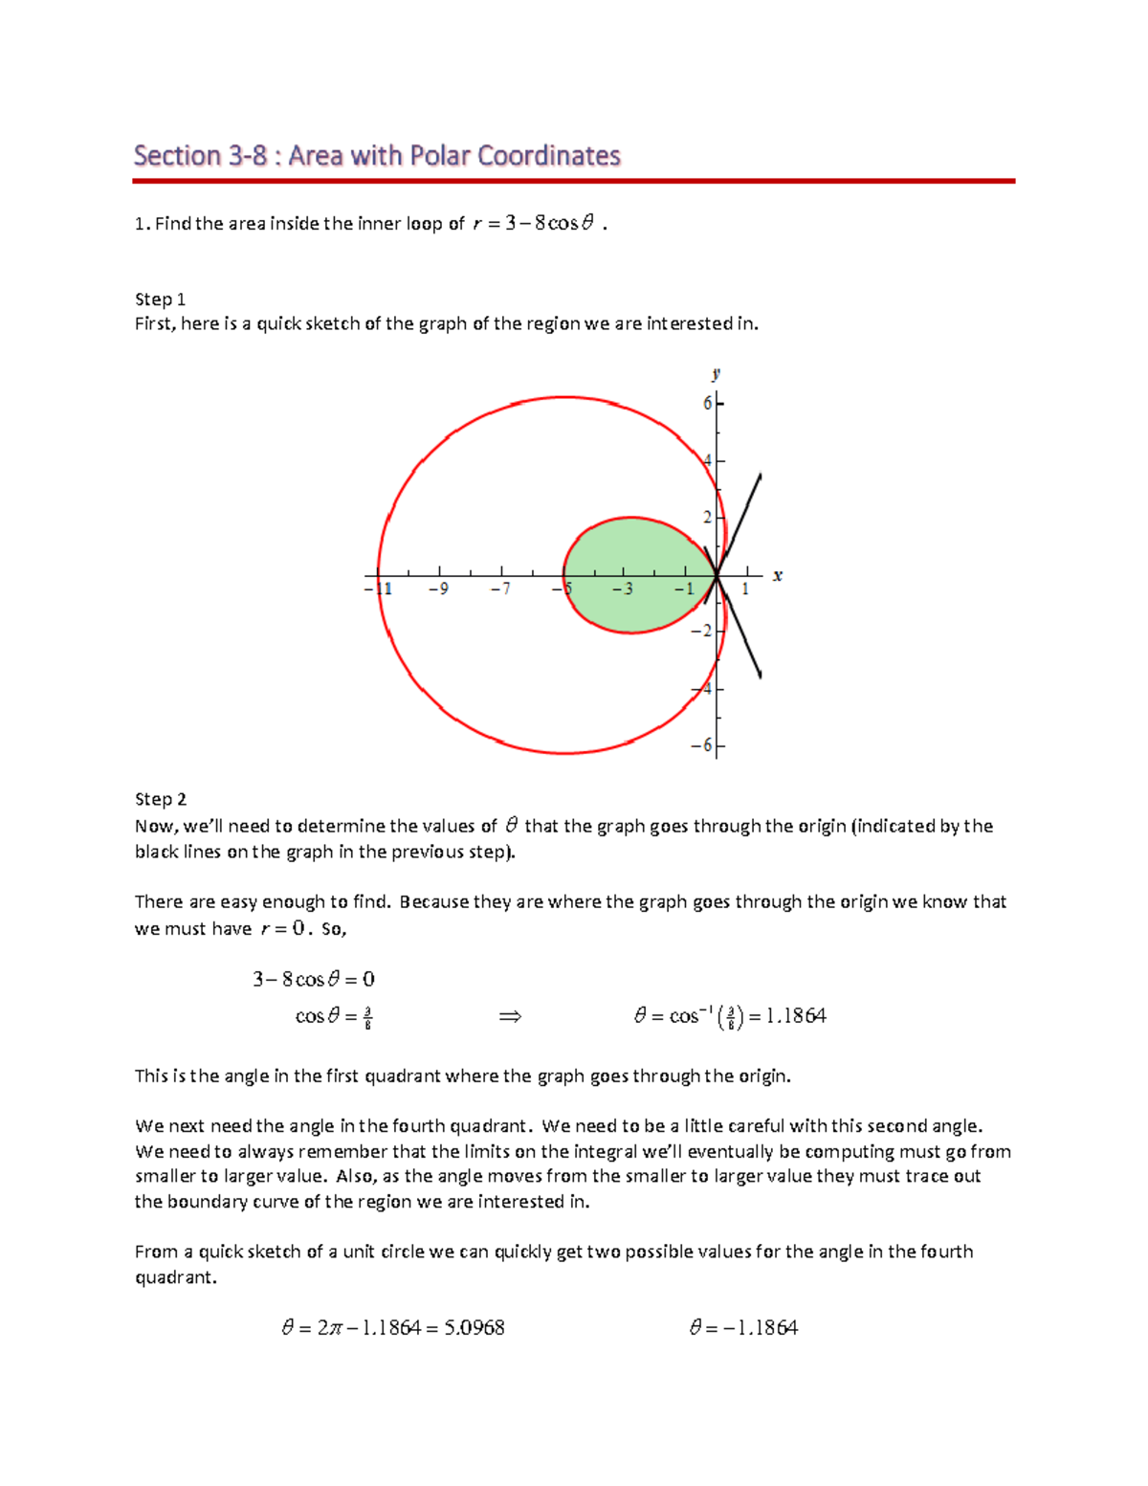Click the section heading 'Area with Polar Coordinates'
tap(377, 155)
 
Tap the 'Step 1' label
tap(160, 299)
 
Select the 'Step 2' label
tap(160, 799)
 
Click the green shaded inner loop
tap(631, 574)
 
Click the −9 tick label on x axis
tap(438, 589)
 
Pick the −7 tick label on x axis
tap(501, 589)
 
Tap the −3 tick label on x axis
tap(623, 589)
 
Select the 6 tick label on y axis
tap(707, 403)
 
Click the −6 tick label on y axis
tap(703, 745)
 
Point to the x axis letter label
tap(778, 575)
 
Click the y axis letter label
tap(716, 374)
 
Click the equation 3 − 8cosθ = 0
tap(313, 979)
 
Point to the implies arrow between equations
tap(510, 1016)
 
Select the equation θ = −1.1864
tap(743, 1327)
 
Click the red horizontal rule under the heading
tap(574, 180)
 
